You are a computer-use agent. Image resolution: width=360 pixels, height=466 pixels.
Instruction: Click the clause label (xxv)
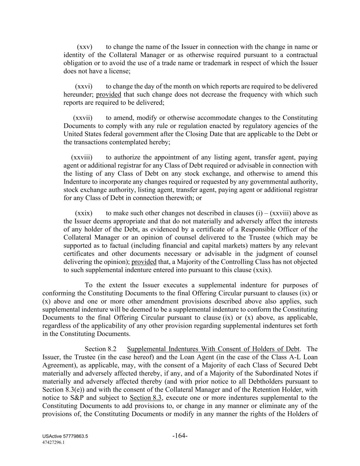click(x=85, y=47)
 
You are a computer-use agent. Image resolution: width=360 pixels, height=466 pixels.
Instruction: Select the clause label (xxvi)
click(x=84, y=86)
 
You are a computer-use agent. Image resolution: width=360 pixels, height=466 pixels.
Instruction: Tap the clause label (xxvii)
click(x=83, y=118)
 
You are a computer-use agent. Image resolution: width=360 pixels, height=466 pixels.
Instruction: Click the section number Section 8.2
click(x=100, y=349)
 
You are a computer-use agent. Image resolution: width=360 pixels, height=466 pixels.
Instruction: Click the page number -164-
click(x=180, y=436)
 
